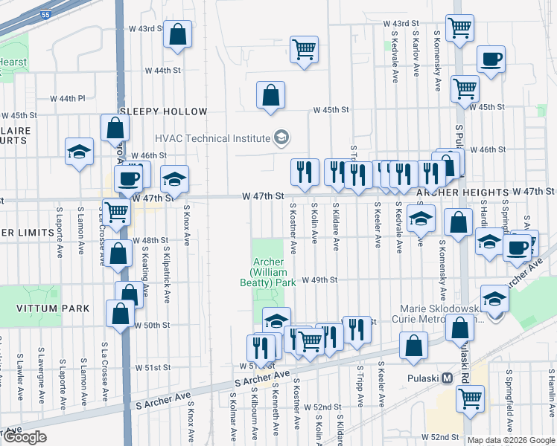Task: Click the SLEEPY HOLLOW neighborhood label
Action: pyautogui.click(x=163, y=111)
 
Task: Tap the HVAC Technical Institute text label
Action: pyautogui.click(x=212, y=138)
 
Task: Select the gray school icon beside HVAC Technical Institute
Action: pyautogui.click(x=281, y=138)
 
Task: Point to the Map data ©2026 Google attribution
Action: pyautogui.click(x=511, y=440)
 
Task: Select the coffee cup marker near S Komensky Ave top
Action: pyautogui.click(x=491, y=60)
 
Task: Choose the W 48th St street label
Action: pyautogui.click(x=145, y=241)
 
